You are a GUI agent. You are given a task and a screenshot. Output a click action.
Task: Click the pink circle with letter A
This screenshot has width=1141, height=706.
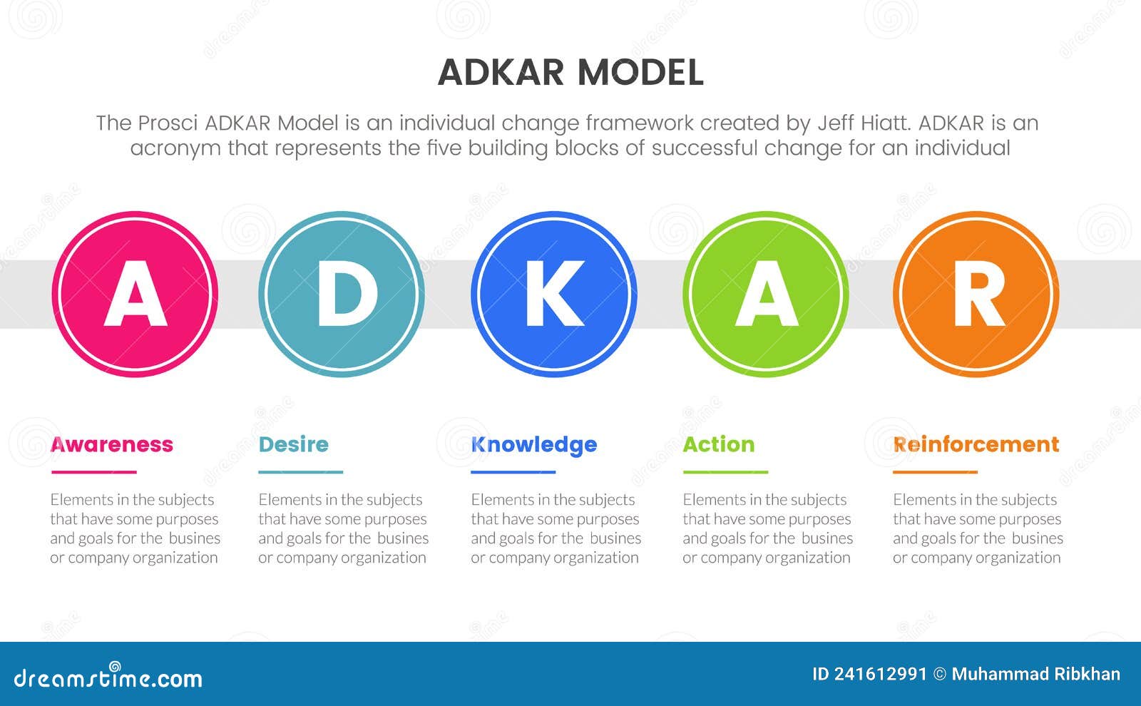[135, 294]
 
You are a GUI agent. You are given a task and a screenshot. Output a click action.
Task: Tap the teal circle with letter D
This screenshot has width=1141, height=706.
[342, 294]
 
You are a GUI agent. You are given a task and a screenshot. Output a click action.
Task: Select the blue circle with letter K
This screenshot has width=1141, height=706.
[554, 294]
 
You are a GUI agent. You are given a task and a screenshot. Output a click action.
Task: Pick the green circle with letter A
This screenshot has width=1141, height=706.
[766, 294]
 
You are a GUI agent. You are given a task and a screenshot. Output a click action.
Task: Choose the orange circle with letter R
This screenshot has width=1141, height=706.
[976, 294]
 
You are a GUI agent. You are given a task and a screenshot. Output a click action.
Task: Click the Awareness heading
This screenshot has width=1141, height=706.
[112, 444]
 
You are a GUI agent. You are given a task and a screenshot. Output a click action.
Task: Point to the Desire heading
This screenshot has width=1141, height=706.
[293, 444]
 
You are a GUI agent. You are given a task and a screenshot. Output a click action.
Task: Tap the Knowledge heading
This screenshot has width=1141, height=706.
[533, 444]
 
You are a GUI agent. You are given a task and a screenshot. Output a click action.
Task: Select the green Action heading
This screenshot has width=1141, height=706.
[718, 444]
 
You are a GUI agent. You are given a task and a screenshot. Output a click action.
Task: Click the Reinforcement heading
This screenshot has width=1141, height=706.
[976, 444]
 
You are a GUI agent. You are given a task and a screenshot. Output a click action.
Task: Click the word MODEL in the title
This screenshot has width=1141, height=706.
[640, 72]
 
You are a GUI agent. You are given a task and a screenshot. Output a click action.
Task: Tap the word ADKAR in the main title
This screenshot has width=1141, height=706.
[501, 72]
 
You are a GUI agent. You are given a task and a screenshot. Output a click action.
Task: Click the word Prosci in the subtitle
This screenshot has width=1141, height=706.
[168, 123]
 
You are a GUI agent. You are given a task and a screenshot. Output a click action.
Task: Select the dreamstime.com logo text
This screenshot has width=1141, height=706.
[108, 677]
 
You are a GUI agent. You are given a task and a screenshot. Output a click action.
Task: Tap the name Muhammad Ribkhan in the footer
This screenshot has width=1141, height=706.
[1035, 674]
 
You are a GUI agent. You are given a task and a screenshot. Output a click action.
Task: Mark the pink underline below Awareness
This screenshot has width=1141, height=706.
[93, 472]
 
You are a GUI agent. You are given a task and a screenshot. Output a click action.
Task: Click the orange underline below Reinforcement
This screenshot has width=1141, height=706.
[935, 472]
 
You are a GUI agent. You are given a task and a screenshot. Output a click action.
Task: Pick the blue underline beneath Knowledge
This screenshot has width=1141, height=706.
[513, 472]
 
